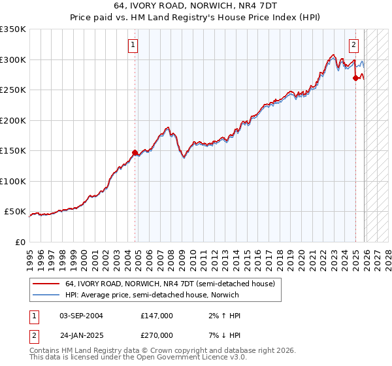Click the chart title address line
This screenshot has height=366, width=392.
[x=197, y=6]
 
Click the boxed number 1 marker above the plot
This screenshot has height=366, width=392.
[x=133, y=45]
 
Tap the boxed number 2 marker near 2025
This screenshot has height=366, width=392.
[x=353, y=45]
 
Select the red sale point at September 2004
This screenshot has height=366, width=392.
[x=135, y=152]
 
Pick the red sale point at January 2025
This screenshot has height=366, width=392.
[x=356, y=78]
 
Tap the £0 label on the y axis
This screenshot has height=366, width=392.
[x=20, y=242]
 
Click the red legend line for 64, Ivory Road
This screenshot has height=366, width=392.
[x=46, y=284]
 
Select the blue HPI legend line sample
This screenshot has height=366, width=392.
[x=46, y=295]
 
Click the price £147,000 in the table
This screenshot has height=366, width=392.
[x=157, y=316]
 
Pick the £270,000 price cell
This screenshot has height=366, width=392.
[x=157, y=335]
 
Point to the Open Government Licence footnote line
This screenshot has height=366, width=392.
[x=138, y=358]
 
